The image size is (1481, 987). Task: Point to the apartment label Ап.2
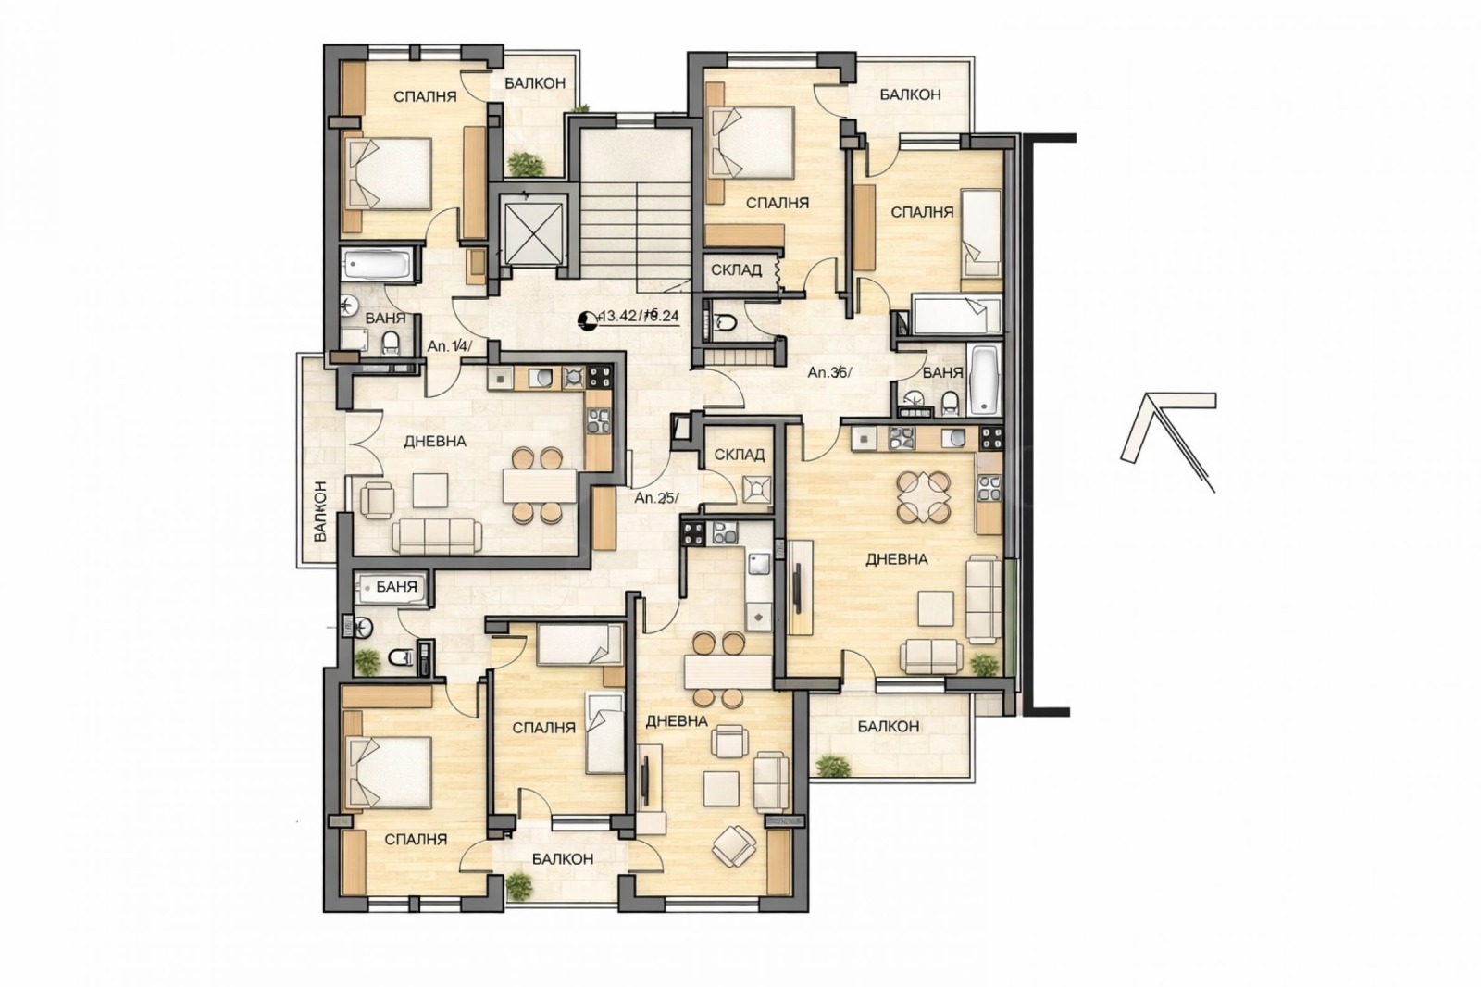pyautogui.click(x=656, y=497)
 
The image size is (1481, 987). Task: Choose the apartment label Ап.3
pyautogui.click(x=828, y=372)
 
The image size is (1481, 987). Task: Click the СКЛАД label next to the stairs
pyautogui.click(x=736, y=270)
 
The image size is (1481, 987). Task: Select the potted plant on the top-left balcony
pyautogui.click(x=526, y=165)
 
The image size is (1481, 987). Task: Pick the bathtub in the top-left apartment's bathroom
pyautogui.click(x=376, y=266)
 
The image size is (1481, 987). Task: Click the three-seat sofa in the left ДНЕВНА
pyautogui.click(x=435, y=535)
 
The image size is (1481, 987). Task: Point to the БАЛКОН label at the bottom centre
pyautogui.click(x=563, y=858)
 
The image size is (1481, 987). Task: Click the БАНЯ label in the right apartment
pyautogui.click(x=942, y=372)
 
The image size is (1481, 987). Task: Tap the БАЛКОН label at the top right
pyautogui.click(x=910, y=94)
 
